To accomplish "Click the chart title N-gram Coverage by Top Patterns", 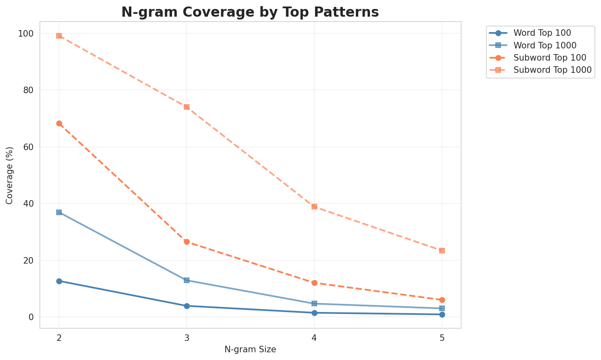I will [250, 12].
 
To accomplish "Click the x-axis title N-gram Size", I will [250, 349].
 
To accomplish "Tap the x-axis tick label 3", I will [187, 337].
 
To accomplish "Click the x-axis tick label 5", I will [442, 337].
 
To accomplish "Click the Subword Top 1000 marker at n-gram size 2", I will [59, 36].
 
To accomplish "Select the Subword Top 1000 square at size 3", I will [187, 107].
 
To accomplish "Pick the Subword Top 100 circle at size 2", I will [59, 123].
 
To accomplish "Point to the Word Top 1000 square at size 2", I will [59, 212].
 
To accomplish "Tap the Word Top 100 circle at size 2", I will [59, 281].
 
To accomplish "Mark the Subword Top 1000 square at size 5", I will [442, 251].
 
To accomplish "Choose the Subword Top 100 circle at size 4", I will [314, 283].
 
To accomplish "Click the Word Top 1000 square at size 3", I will [187, 280].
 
